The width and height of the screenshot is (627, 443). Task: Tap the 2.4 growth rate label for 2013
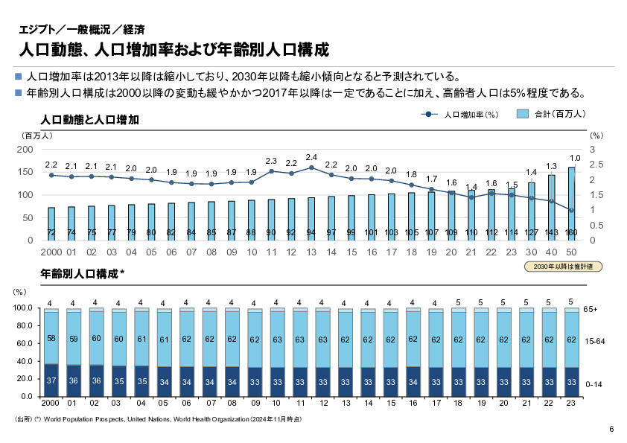click(x=311, y=157)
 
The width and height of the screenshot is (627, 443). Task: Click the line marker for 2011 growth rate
click(x=271, y=171)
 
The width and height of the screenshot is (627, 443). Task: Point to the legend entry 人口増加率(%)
click(x=461, y=115)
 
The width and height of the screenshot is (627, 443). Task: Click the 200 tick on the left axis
click(x=25, y=150)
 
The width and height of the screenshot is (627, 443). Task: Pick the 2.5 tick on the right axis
click(x=595, y=165)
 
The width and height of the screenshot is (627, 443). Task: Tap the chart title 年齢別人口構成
click(x=82, y=274)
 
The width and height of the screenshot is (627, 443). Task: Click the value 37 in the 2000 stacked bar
click(x=51, y=381)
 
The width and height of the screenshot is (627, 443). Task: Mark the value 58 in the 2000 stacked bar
click(x=51, y=339)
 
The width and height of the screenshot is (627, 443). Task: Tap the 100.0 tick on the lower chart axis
click(x=23, y=308)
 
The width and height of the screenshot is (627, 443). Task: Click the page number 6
click(x=611, y=429)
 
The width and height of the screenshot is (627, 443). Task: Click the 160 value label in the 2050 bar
click(x=572, y=232)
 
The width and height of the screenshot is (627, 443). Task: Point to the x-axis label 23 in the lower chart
click(x=571, y=402)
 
